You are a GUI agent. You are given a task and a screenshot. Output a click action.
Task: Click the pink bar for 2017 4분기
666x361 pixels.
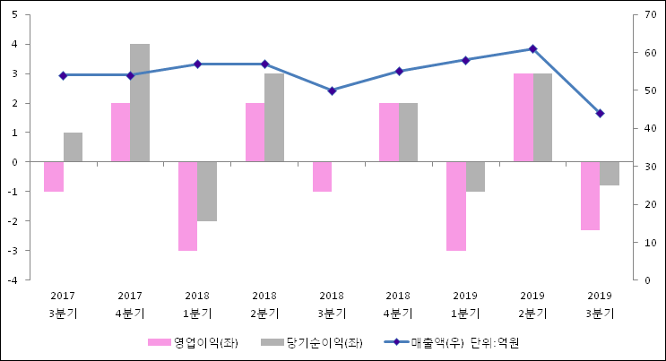[x=120, y=132]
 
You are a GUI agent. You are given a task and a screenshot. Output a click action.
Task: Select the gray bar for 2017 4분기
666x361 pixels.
[x=140, y=102]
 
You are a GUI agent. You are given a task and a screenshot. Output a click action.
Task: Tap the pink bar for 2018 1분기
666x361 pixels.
[x=187, y=206]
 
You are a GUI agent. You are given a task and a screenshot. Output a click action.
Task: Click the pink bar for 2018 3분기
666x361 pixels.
[x=322, y=176]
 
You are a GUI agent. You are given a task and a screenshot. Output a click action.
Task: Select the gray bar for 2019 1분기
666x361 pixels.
[x=475, y=176]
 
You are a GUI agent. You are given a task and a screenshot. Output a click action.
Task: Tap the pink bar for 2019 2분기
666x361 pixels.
[x=523, y=117]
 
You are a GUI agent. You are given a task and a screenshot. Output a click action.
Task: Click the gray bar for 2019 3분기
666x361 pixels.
[x=610, y=174]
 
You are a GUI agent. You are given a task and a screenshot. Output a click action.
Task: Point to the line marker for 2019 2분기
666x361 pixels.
[x=532, y=48]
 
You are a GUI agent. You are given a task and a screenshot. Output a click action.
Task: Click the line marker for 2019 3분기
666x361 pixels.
[x=600, y=113]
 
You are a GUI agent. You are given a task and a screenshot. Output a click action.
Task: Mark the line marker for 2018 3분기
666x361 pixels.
[x=332, y=90]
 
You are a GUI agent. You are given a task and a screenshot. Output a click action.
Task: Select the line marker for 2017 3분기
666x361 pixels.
[x=63, y=75]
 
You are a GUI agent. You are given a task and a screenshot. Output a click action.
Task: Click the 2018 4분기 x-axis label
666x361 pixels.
[x=399, y=304]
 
